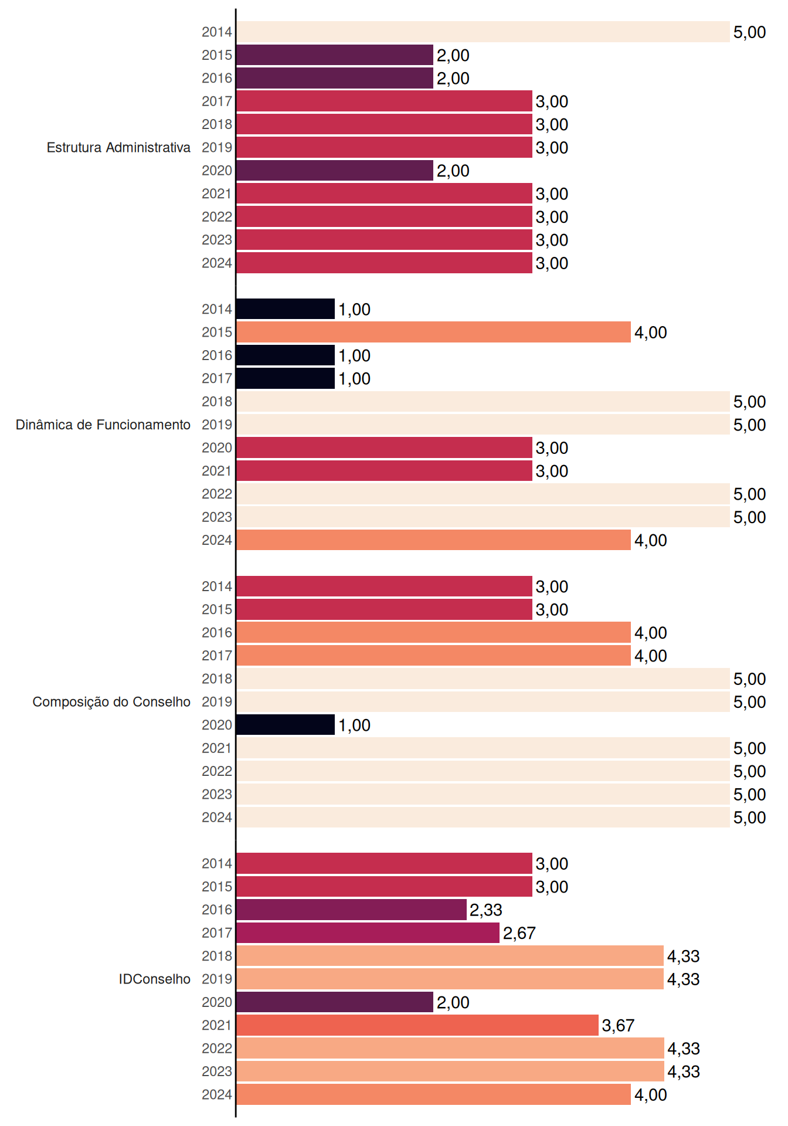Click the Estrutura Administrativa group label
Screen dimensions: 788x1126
pos(118,147)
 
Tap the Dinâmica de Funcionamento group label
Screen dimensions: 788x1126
pos(103,425)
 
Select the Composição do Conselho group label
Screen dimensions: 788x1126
pos(111,702)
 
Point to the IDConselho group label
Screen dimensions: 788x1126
pos(155,979)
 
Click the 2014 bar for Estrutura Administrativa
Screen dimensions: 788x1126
pos(483,32)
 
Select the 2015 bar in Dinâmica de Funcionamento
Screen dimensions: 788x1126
pos(434,332)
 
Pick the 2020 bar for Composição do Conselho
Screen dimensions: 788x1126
pos(286,725)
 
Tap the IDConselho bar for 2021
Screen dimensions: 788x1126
pos(417,1025)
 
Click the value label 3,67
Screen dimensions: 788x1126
pos(618,1025)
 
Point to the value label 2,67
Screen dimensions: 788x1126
pos(519,933)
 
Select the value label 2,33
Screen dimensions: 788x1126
pos(486,910)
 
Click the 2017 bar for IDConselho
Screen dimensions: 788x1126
pos(368,932)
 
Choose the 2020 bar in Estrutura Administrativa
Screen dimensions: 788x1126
pos(335,170)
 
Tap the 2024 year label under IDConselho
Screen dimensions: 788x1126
pos(217,1094)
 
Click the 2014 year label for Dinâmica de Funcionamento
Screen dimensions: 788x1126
pos(217,309)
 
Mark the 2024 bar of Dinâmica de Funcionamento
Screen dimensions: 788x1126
pos(434,540)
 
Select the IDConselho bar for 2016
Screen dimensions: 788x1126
pos(352,910)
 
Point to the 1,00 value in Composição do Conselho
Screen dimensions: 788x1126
pos(355,725)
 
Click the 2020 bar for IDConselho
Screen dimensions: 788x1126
pos(335,1002)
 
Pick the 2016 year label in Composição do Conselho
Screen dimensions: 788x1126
pos(217,632)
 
